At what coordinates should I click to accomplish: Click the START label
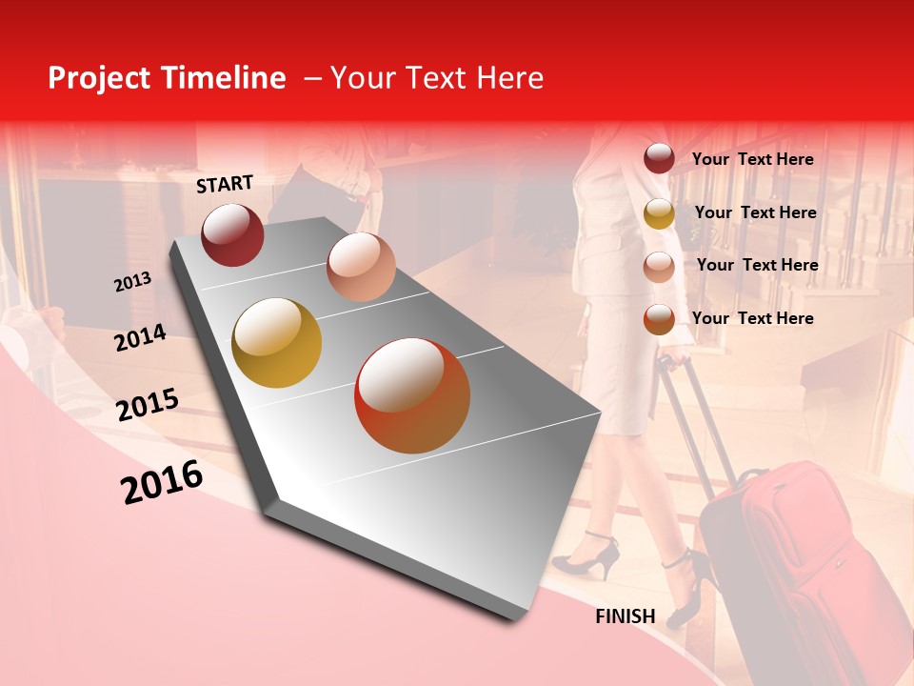click(x=225, y=184)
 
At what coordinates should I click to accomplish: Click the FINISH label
click(x=626, y=616)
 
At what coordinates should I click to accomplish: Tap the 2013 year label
click(x=133, y=282)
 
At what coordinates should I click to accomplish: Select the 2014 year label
click(x=141, y=337)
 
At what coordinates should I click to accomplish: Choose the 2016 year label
click(x=162, y=482)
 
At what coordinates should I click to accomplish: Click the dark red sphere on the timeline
click(x=232, y=234)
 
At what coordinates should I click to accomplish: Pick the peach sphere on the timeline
click(x=361, y=267)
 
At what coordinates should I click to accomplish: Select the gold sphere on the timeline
click(x=276, y=343)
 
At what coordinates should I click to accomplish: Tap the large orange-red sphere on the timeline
click(x=412, y=395)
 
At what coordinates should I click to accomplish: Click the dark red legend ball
click(x=659, y=159)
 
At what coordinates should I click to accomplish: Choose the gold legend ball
click(x=659, y=213)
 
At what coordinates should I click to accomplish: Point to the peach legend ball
click(x=659, y=267)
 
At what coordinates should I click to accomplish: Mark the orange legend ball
click(x=659, y=319)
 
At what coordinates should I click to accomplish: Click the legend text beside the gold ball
click(x=755, y=212)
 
